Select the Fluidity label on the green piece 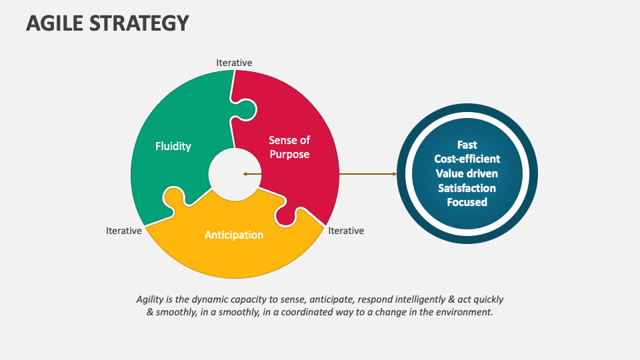point(173,146)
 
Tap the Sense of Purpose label point(289,147)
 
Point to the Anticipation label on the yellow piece point(233,235)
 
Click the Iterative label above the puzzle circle point(234,63)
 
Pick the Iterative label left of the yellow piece point(124,231)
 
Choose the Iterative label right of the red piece point(346,231)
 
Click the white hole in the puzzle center point(230,174)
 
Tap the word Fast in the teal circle point(467,145)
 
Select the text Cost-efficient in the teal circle point(467,159)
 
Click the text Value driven point(467,173)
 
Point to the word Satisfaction point(467,188)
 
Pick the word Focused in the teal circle point(467,202)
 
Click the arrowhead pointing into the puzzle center point(245,174)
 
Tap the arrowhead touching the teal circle point(394,174)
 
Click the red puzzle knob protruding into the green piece point(245,109)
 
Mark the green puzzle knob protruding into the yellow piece point(173,198)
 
